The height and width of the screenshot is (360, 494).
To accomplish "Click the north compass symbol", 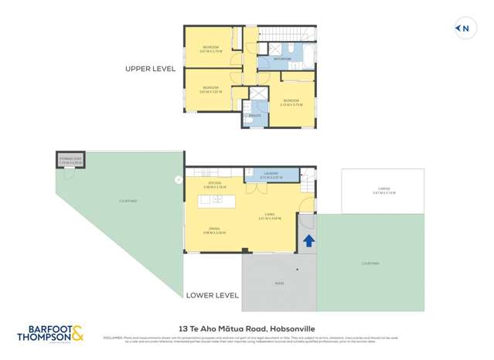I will point(463,29).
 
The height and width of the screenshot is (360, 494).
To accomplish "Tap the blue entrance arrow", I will point(308,241).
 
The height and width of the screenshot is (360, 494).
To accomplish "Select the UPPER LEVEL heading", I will point(150,69).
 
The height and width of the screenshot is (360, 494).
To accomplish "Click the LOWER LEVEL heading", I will point(212,295).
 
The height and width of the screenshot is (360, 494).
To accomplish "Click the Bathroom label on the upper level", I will point(281,59).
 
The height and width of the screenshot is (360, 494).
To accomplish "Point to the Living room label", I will point(269,217).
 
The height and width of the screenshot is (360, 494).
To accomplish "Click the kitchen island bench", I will point(216,201).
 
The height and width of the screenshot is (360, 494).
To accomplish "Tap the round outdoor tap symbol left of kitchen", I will point(179,179).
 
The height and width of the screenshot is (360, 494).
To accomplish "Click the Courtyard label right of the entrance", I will point(370,263).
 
